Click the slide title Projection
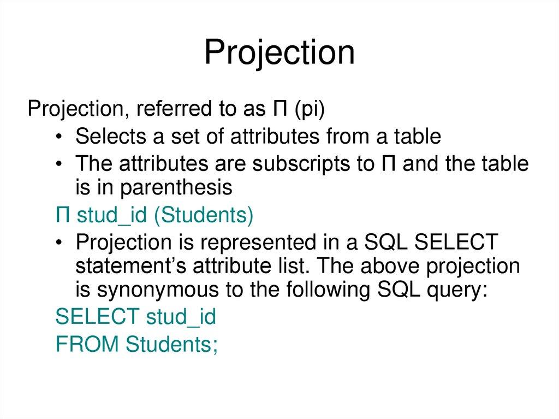pos(279,54)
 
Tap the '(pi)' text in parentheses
pos(309,109)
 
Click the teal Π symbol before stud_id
pos(62,215)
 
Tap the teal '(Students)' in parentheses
pos(203,215)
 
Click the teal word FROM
pos(88,344)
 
